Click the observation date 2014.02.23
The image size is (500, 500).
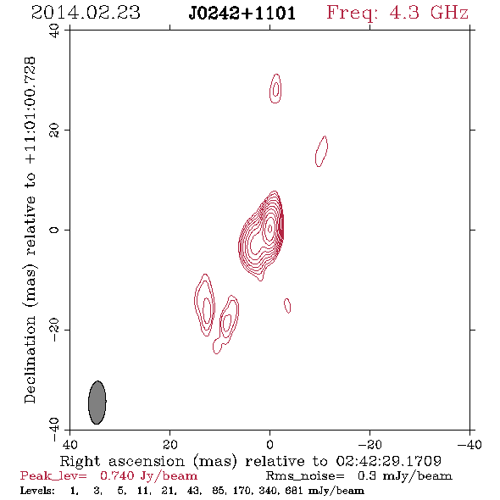(x=86, y=13)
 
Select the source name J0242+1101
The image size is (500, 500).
(x=242, y=14)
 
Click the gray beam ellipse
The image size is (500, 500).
(x=97, y=403)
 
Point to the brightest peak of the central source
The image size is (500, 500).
(x=270, y=228)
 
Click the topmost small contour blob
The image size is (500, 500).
(x=275, y=89)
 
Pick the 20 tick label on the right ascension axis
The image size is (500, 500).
(x=170, y=444)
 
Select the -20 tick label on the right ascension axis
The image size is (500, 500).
(x=369, y=444)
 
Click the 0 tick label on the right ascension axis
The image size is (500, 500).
(x=269, y=444)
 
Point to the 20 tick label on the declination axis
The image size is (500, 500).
(x=54, y=131)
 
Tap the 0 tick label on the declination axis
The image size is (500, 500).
(x=54, y=230)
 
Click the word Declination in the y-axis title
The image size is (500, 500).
(x=30, y=359)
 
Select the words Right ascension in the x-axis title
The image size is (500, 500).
(x=122, y=461)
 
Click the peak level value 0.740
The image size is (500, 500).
(x=117, y=475)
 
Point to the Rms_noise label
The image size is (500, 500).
(x=305, y=476)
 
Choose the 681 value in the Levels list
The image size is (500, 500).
(x=297, y=490)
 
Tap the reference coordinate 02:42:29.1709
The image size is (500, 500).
(x=389, y=461)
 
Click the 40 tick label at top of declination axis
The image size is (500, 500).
(x=54, y=31)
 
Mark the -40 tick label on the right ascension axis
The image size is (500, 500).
(x=469, y=444)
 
